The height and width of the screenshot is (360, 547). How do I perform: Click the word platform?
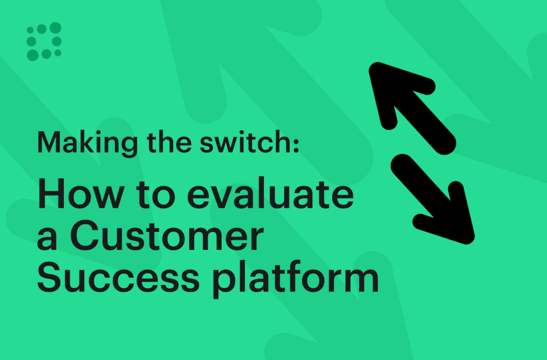click(x=296, y=279)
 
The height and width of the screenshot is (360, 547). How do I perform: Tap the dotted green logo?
click(x=44, y=41)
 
